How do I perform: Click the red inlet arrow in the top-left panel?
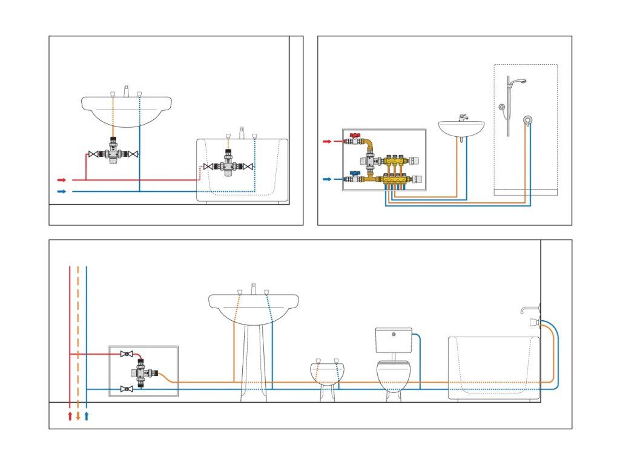click(x=61, y=180)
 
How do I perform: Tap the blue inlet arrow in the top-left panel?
click(x=61, y=191)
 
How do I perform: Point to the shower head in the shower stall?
click(x=516, y=81)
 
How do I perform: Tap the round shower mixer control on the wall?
click(x=529, y=120)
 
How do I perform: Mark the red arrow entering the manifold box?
click(x=326, y=141)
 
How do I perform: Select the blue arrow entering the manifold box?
click(x=326, y=179)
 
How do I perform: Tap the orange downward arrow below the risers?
click(x=78, y=416)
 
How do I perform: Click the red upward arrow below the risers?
click(x=70, y=416)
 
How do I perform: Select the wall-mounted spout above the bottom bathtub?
click(x=526, y=310)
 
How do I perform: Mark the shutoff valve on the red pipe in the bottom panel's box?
click(x=127, y=354)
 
